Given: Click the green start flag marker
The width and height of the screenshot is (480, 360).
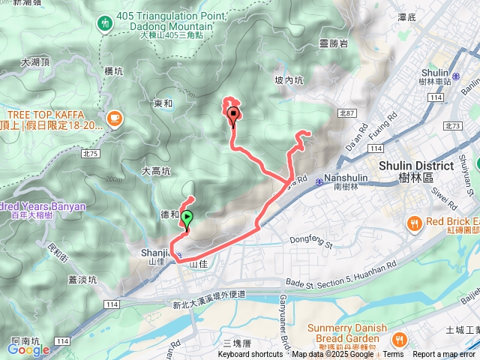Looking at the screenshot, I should [x=187, y=218].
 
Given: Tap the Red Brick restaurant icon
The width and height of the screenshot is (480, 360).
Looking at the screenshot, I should [x=414, y=222].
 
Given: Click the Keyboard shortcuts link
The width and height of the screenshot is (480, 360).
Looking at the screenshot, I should [x=250, y=355].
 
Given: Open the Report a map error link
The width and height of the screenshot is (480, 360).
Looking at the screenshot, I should [x=444, y=355].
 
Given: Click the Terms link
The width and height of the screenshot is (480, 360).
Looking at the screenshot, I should [x=393, y=355].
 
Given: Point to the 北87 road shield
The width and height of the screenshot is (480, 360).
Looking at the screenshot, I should [x=346, y=112].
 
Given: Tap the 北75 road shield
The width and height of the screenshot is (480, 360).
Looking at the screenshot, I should [x=91, y=153].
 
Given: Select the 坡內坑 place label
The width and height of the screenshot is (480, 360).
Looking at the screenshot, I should [x=289, y=79].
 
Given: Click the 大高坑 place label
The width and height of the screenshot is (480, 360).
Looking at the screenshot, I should [x=156, y=171].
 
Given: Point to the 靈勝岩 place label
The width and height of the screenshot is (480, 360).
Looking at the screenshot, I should [x=333, y=44].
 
